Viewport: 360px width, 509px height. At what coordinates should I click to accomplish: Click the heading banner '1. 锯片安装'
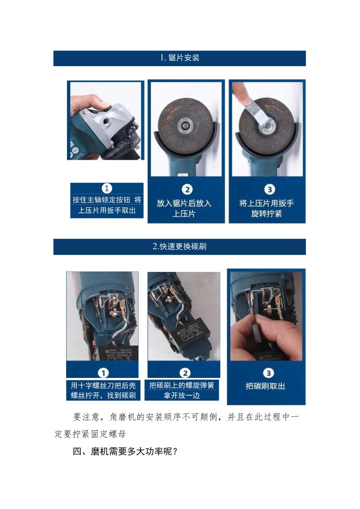click(x=180, y=58)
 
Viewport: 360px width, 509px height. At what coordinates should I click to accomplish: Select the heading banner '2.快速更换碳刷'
click(x=180, y=246)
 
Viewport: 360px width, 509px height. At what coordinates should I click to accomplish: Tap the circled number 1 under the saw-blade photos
click(x=107, y=188)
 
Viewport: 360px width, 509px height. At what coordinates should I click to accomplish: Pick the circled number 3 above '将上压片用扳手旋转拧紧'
click(x=269, y=189)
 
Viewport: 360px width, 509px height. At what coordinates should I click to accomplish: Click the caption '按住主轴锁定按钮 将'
click(x=107, y=200)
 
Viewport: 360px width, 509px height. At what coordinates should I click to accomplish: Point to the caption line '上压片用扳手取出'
click(x=107, y=210)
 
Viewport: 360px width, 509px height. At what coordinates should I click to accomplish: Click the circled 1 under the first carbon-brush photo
click(x=103, y=373)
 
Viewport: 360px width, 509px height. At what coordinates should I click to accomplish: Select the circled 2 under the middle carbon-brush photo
click(x=184, y=373)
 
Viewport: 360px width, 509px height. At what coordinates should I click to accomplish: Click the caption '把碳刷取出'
click(x=265, y=386)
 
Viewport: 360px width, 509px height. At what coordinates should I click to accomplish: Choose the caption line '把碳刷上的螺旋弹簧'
click(x=182, y=385)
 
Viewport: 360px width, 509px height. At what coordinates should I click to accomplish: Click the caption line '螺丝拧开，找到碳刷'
click(x=103, y=395)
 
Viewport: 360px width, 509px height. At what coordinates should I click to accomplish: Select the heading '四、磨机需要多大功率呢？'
click(x=126, y=451)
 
